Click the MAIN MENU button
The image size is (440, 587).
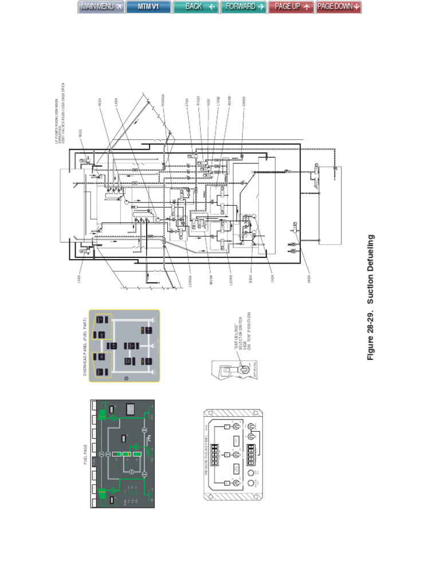point(101,7)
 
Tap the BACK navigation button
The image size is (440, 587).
point(195,7)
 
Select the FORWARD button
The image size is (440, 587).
point(243,7)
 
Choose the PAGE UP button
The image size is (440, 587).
point(291,7)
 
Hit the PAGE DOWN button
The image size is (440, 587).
point(339,7)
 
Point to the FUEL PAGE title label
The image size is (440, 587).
point(85,455)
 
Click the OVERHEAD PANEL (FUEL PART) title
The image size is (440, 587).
point(84,346)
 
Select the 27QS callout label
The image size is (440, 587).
point(187,103)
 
